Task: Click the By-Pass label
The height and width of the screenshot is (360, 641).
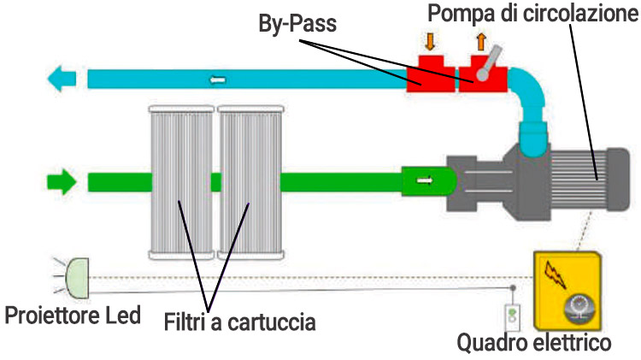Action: [x=298, y=25]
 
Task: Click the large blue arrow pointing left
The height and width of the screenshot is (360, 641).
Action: [x=63, y=80]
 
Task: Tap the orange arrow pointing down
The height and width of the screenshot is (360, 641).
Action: [x=430, y=41]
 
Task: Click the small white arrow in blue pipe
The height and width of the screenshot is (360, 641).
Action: [x=219, y=80]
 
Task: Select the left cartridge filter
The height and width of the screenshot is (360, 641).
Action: [x=181, y=181]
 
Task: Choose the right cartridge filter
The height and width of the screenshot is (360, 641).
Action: [x=251, y=181]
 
